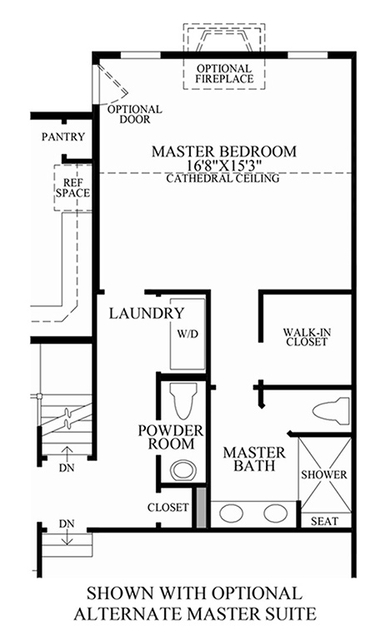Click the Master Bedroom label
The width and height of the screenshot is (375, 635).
tap(224, 151)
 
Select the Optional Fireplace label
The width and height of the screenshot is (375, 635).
tap(224, 74)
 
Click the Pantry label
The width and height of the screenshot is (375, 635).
tap(63, 136)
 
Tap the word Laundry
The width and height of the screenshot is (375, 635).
tap(147, 313)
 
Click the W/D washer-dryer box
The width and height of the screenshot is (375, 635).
tap(187, 335)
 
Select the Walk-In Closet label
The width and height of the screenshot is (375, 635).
tap(307, 337)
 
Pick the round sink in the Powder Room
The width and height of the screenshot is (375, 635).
tap(183, 470)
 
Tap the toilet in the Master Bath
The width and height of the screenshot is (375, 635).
tap(331, 411)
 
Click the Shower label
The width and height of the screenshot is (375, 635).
tap(324, 474)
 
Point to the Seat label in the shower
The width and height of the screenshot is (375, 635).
tap(324, 521)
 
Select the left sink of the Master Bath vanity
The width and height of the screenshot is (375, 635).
tap(232, 513)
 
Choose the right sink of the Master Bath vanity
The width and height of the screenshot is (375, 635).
tap(276, 513)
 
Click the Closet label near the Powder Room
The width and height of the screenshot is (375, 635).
tap(168, 508)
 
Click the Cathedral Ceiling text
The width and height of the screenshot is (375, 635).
tap(223, 178)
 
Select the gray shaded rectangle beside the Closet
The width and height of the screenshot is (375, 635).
tap(202, 508)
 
